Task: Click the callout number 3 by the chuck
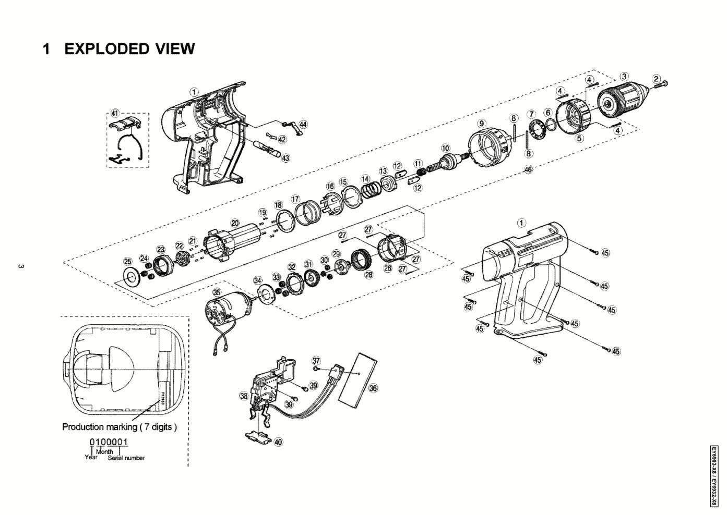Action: click(624, 77)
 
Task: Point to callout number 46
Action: click(528, 170)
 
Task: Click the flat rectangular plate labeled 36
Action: click(358, 379)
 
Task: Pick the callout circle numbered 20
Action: click(235, 223)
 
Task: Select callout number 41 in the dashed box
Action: click(115, 114)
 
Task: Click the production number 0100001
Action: click(109, 443)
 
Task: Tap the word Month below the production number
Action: click(104, 452)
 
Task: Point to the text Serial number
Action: click(126, 458)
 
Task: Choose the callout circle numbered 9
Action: click(482, 124)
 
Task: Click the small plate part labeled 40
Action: click(258, 436)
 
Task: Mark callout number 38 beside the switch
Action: click(244, 396)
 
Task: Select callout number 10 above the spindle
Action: click(445, 148)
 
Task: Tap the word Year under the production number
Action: click(91, 457)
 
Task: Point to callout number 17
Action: click(295, 199)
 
